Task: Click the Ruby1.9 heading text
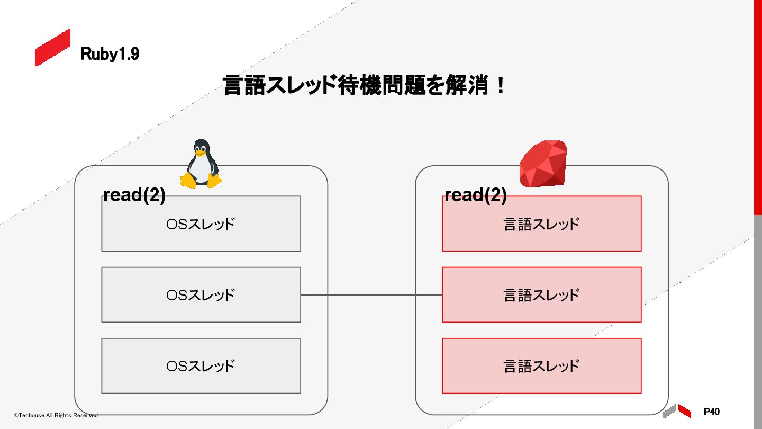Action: click(110, 53)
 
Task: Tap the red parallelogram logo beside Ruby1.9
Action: click(52, 47)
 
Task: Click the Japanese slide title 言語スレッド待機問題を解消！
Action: click(364, 85)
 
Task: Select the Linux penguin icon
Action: click(201, 164)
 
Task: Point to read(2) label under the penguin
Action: click(134, 195)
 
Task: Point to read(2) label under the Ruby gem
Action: click(476, 195)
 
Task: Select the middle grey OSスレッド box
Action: click(201, 294)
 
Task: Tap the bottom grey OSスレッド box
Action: click(201, 365)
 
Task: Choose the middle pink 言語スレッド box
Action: click(541, 294)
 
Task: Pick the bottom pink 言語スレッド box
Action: click(541, 365)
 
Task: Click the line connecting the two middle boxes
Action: click(371, 294)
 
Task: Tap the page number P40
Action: click(712, 412)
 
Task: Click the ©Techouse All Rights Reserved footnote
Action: click(56, 415)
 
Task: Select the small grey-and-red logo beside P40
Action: click(677, 410)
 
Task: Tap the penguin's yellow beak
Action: click(199, 153)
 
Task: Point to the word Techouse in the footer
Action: click(31, 415)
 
